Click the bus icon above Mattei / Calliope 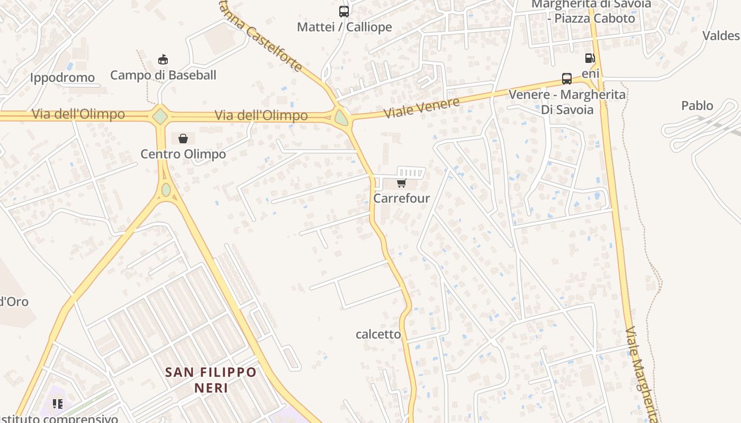(x=344, y=11)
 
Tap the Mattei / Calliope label (x=345, y=27)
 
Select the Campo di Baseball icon (x=163, y=59)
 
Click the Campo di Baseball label (x=163, y=75)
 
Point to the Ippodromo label (x=62, y=78)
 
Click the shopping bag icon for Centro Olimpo (x=183, y=139)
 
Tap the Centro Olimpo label (x=183, y=154)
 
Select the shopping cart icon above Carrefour (x=401, y=183)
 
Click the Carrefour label (x=401, y=198)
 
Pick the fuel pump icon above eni (x=590, y=58)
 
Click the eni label (x=590, y=73)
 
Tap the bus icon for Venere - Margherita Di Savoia (x=567, y=79)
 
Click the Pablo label (x=697, y=106)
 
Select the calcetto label (x=378, y=334)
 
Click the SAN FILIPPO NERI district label (x=211, y=380)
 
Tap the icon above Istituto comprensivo (x=58, y=404)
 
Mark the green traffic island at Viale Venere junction (x=341, y=117)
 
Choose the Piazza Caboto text (x=594, y=18)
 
